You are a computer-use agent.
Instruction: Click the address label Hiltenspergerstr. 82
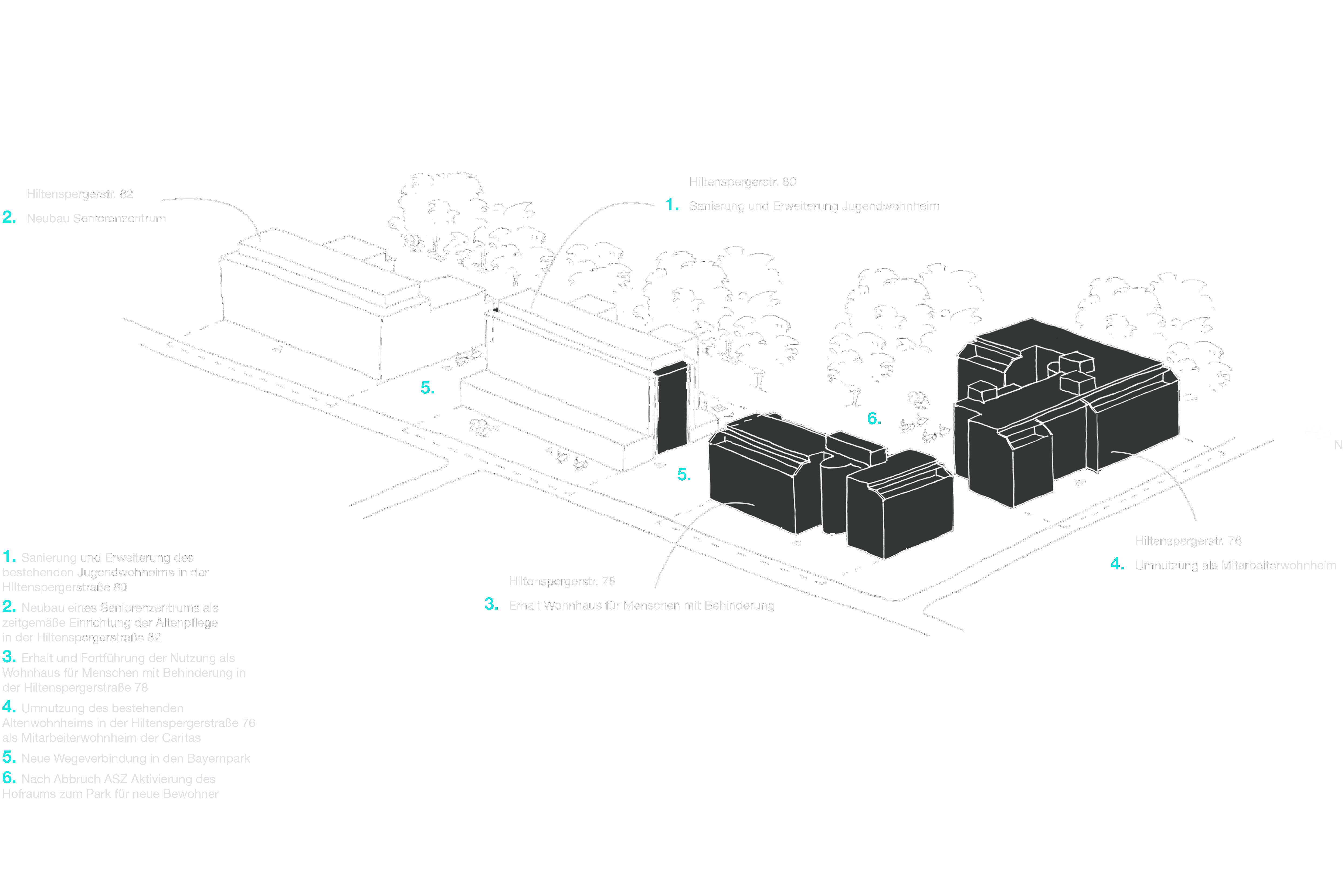(80, 194)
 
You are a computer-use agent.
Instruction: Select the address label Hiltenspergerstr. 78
(562, 581)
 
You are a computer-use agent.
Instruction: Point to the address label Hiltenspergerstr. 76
(1188, 541)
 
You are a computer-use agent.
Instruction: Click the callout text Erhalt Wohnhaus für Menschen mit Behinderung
(641, 606)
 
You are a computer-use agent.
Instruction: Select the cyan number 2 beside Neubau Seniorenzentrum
(9, 217)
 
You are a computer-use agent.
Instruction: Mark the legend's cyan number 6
(9, 778)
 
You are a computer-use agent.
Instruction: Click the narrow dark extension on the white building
(672, 407)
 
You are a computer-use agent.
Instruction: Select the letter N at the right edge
(1338, 445)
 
